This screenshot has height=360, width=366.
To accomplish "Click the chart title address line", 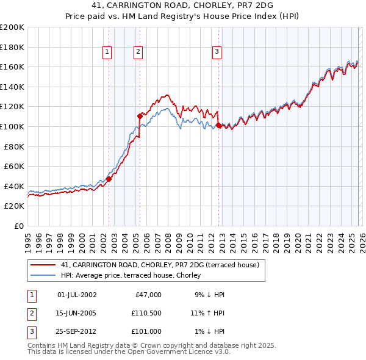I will pos(182,6).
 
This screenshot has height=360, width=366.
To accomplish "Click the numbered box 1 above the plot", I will pos(107,52).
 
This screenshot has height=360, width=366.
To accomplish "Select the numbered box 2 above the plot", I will pos(138,52).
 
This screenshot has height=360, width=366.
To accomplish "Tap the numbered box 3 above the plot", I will pos(217,52).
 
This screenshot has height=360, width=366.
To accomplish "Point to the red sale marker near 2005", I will pos(140,115).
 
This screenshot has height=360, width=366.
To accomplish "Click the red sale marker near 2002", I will pos(109,179).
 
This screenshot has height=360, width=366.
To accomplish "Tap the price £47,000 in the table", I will pos(148,295).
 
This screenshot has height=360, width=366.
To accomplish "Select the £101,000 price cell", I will pos(146,331).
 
